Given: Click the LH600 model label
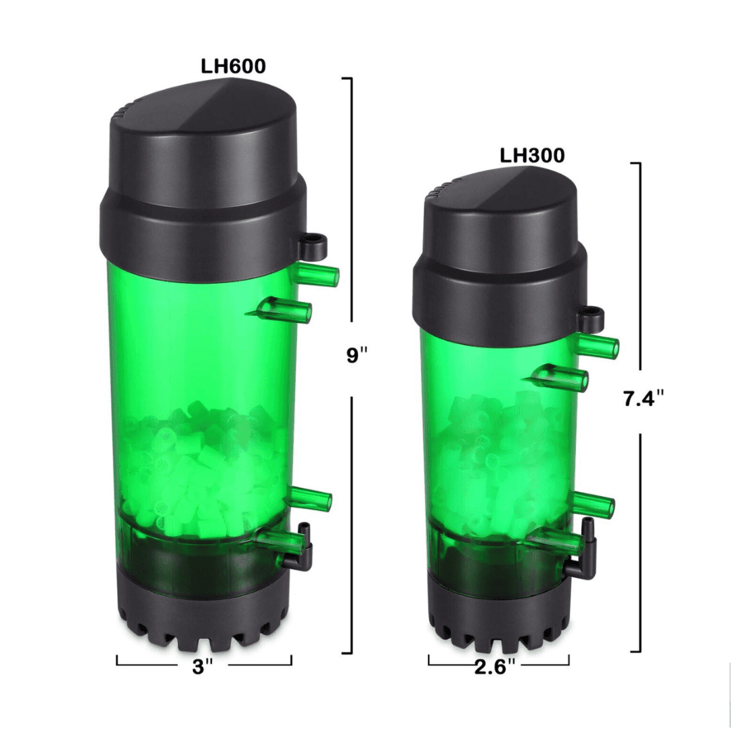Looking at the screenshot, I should tap(233, 66).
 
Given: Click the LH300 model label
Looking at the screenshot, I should tap(532, 155).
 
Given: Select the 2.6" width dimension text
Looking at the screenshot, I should tap(498, 667).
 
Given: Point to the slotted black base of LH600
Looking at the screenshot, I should tap(203, 609).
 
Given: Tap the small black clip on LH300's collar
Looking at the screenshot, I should tap(592, 314).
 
